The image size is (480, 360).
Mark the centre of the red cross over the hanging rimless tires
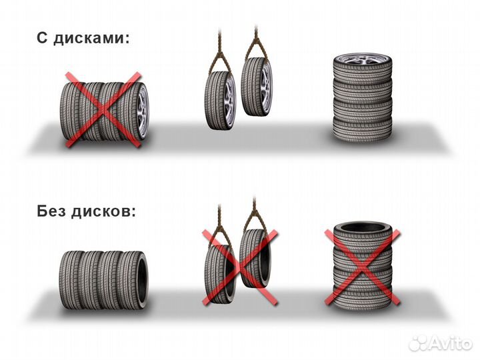241,266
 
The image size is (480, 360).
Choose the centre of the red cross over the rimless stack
362,267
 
